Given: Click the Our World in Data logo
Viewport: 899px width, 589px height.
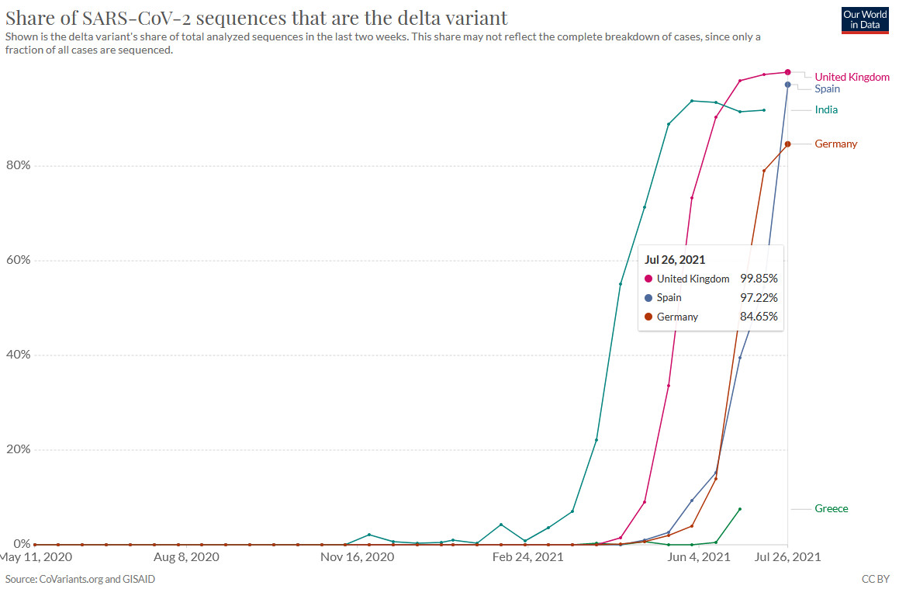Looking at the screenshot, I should [x=865, y=20].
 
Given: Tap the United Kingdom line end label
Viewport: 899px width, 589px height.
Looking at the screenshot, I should [x=852, y=77].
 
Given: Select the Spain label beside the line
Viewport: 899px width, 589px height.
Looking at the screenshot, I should [x=827, y=88].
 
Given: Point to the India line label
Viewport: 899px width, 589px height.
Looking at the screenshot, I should [x=826, y=109].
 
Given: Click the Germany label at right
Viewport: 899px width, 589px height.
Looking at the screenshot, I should [x=835, y=144].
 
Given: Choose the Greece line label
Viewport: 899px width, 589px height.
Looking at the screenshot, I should [x=831, y=508].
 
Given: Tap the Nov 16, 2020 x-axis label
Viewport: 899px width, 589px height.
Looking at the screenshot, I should [x=358, y=556].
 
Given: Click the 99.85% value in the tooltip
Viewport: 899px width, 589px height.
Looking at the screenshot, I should [x=759, y=279].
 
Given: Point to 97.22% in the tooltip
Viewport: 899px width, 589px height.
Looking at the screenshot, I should [x=759, y=297].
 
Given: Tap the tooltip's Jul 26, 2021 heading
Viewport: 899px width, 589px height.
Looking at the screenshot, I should [x=675, y=260].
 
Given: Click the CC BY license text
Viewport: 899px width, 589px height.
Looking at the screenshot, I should [x=876, y=579].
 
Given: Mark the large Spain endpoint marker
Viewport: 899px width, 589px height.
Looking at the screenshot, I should [x=787, y=85].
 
